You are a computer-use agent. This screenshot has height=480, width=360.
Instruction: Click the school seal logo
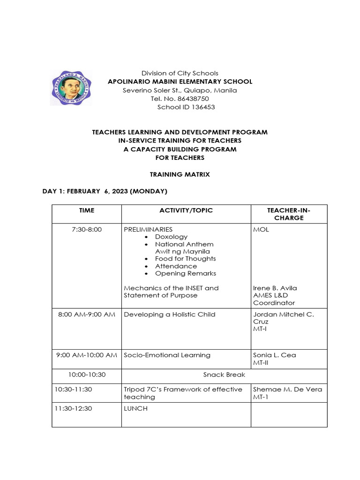[71, 88]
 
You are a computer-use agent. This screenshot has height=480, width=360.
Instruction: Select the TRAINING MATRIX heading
[180, 174]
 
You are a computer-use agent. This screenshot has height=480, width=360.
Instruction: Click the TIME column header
[87, 210]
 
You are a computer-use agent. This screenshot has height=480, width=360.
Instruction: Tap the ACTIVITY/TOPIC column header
[186, 210]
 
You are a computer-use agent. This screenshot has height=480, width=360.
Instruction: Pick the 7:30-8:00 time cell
[87, 230]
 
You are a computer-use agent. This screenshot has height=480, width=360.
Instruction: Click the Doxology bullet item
[171, 237]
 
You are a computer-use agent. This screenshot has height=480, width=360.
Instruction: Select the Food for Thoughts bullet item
[185, 259]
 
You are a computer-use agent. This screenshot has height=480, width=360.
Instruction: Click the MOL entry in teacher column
[261, 230]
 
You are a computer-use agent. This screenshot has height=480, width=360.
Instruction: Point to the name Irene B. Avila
[275, 288]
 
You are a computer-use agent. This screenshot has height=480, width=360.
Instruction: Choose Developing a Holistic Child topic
[170, 314]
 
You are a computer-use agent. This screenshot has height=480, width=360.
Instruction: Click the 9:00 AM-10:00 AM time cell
[87, 355]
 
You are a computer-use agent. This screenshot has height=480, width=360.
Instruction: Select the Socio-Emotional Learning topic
[167, 355]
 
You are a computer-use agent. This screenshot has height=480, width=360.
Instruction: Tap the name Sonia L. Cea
[275, 355]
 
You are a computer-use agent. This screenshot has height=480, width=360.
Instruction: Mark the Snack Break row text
[224, 375]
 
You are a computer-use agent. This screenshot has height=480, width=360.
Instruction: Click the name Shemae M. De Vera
[288, 389]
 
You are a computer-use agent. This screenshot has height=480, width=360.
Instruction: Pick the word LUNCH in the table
[135, 408]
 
